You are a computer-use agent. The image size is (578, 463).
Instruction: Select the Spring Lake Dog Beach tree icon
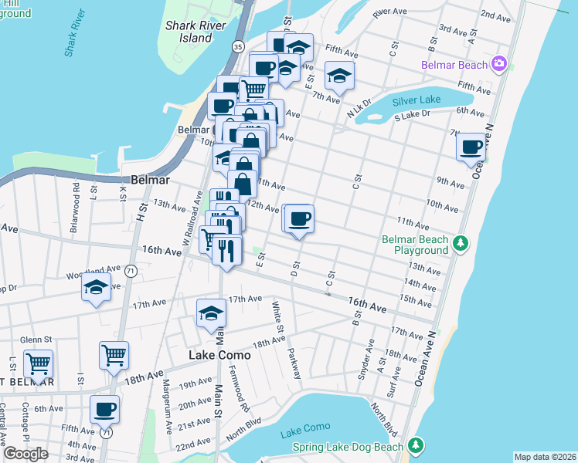click(x=416, y=446)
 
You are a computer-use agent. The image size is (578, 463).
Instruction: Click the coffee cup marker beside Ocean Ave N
click(x=471, y=147)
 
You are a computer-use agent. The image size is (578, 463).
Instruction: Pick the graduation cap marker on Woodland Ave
click(x=96, y=289)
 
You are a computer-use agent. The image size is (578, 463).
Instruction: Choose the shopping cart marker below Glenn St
click(x=38, y=363)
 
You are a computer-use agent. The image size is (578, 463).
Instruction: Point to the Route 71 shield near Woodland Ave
click(x=131, y=271)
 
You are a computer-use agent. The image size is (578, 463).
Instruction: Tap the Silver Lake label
click(x=416, y=100)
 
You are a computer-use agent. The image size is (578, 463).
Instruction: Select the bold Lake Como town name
click(x=219, y=355)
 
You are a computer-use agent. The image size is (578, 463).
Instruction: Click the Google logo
click(x=25, y=454)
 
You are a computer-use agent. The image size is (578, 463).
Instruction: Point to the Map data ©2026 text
click(x=545, y=457)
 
